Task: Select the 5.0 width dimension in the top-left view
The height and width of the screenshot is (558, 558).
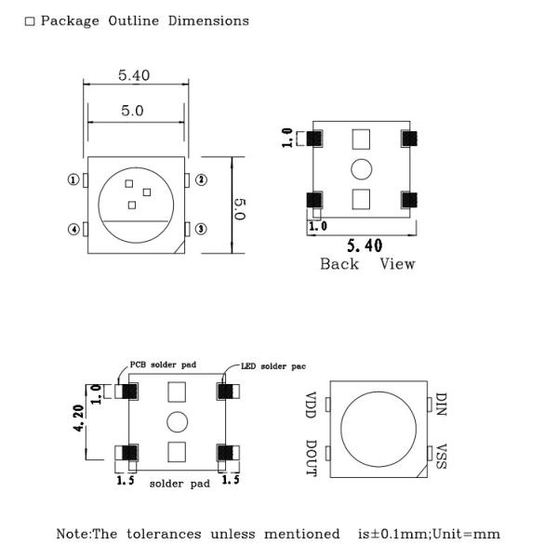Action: click(132, 111)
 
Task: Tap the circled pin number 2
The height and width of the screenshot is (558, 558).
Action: click(201, 179)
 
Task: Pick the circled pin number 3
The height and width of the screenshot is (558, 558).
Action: click(201, 229)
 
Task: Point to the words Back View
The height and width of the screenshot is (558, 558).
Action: click(367, 264)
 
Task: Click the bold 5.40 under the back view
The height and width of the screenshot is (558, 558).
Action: click(364, 246)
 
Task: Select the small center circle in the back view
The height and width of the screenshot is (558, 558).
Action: click(361, 168)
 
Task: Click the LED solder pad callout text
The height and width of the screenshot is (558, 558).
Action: click(273, 365)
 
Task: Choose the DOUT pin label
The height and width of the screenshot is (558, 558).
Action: click(311, 458)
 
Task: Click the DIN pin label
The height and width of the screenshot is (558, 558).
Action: click(441, 405)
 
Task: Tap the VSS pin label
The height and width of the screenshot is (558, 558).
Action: click(441, 456)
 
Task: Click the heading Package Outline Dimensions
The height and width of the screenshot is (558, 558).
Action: click(144, 20)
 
